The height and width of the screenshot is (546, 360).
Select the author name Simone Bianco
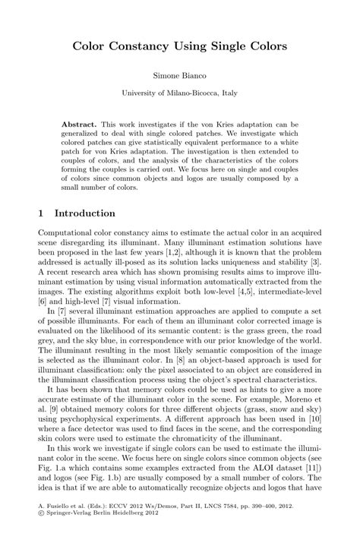[x=179, y=77]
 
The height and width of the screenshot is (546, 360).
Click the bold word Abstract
[x=81, y=123]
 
